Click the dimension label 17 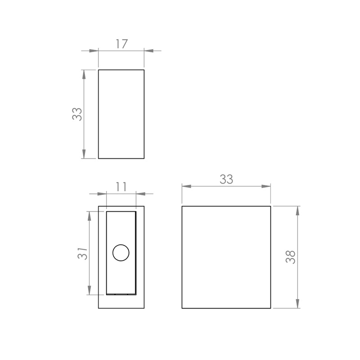pos(121,44)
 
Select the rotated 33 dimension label pos(77,114)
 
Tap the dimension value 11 pos(121,187)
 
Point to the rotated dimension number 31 pos(83,253)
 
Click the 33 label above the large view pos(226,179)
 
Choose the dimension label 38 pos(290,257)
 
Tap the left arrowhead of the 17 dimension pos(94,51)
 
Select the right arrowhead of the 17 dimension pos(149,51)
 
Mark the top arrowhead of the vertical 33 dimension pos(84,74)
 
